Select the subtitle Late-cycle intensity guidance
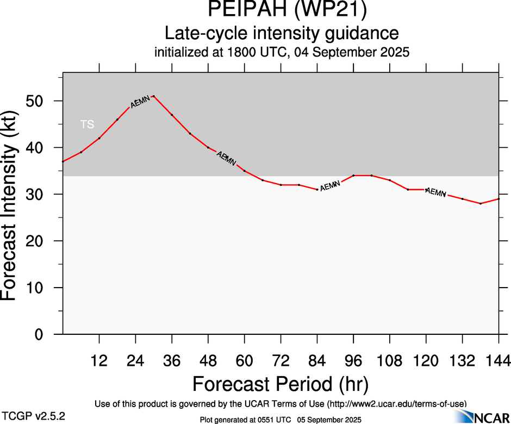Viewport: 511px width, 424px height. (x=281, y=33)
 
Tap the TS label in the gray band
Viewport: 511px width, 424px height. (x=87, y=124)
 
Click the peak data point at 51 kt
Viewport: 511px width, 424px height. (x=154, y=96)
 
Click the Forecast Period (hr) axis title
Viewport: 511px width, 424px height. (x=281, y=384)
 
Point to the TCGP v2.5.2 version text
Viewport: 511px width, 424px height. (x=33, y=415)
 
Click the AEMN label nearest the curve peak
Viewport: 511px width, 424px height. (x=140, y=101)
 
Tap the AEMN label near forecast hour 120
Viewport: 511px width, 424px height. (x=435, y=192)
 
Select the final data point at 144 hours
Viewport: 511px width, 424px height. (x=499, y=199)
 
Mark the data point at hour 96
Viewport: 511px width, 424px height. (x=353, y=176)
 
